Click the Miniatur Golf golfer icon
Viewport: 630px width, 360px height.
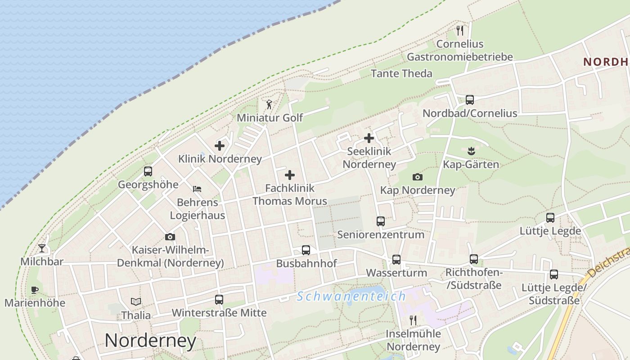(269, 104)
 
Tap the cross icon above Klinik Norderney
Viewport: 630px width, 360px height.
(220, 146)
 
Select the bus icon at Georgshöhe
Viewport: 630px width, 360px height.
(148, 171)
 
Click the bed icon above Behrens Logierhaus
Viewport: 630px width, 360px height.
(197, 189)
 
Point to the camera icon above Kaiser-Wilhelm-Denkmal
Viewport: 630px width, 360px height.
(170, 237)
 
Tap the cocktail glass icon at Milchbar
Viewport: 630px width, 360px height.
(42, 248)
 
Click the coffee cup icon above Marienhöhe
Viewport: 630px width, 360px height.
(35, 290)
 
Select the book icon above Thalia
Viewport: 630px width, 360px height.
(136, 301)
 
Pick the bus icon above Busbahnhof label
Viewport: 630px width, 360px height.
(306, 250)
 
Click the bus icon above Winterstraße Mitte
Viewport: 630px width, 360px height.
(219, 300)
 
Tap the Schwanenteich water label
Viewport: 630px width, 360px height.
(351, 297)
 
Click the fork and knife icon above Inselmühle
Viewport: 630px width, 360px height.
(413, 320)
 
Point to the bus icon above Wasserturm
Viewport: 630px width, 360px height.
(396, 260)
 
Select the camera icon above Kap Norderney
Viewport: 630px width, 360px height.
(417, 177)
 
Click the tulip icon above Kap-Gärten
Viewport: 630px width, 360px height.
(471, 151)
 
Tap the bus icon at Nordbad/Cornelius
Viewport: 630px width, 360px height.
(470, 100)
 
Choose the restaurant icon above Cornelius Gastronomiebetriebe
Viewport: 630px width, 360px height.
(459, 31)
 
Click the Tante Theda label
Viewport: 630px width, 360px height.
(401, 73)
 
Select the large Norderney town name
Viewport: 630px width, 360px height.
(150, 341)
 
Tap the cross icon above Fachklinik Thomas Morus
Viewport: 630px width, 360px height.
(290, 175)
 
